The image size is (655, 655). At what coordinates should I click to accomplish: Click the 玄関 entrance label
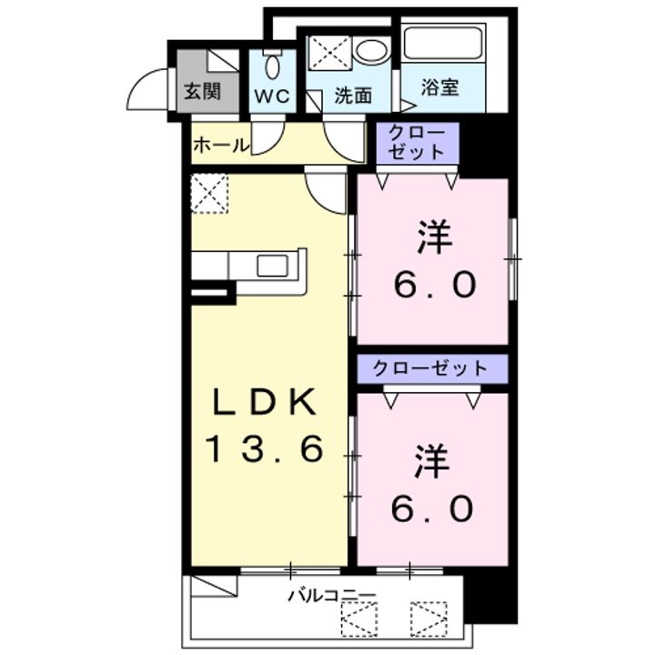tap(203, 90)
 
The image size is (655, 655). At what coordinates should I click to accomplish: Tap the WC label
tap(272, 96)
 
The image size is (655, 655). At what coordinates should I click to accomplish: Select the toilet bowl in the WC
tap(272, 65)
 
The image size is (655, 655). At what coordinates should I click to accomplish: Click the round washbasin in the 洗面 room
tap(370, 52)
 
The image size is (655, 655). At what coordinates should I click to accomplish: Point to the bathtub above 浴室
tap(443, 43)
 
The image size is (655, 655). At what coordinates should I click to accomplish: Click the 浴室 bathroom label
tap(440, 87)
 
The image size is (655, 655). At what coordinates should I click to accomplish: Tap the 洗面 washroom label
tap(353, 96)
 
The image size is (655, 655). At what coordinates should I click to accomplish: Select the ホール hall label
tap(221, 146)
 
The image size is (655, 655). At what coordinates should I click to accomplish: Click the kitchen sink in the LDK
tap(272, 266)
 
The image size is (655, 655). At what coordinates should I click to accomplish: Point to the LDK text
tap(264, 401)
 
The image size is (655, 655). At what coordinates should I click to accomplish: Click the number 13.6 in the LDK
tap(265, 448)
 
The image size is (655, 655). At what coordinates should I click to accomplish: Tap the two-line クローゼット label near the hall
tap(417, 143)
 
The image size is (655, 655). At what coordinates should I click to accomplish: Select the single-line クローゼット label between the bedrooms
tap(430, 368)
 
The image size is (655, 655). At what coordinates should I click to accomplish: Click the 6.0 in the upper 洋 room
tap(435, 285)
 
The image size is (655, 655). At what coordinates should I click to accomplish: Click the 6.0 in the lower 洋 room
tap(432, 509)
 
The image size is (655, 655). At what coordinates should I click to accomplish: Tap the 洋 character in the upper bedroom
tap(435, 237)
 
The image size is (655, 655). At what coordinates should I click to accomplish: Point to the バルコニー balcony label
tap(333, 595)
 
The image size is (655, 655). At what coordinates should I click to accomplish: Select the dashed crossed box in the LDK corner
tap(209, 194)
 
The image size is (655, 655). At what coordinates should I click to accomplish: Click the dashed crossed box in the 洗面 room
tap(330, 53)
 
